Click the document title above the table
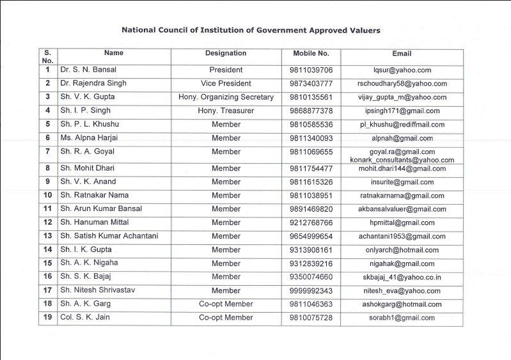point(251,30)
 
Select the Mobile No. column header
point(311,53)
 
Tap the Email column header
point(402,54)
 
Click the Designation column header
point(226,53)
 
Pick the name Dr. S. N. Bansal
point(88,70)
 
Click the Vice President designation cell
point(226,83)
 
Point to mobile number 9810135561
point(311,97)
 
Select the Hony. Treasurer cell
point(226,111)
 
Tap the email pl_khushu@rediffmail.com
point(402,125)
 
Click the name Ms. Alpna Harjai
point(93,137)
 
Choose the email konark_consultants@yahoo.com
point(402,160)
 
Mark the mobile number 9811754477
point(311,169)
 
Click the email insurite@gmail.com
point(402,182)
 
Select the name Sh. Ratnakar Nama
point(94,195)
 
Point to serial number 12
point(47,223)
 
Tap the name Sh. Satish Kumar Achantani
point(109,236)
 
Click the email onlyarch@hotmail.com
point(402,250)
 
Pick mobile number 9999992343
point(311,291)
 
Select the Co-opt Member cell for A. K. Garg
point(226,304)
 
